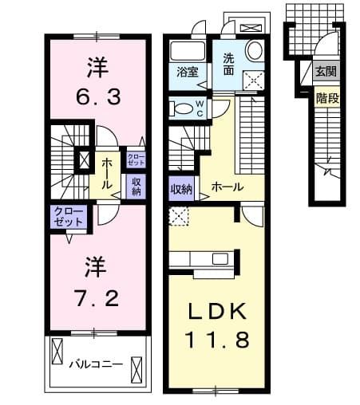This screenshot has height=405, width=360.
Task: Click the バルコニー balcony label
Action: (94, 364)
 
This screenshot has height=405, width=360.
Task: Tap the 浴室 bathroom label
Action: (188, 71)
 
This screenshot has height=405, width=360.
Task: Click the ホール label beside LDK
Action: (227, 187)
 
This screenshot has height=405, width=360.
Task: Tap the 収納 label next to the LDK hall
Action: (181, 189)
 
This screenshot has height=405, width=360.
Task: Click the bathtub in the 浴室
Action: (188, 51)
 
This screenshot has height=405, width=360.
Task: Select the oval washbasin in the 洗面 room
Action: (255, 50)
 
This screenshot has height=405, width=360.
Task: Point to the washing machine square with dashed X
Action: (255, 80)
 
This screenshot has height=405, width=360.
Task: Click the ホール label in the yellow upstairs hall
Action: (106, 168)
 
